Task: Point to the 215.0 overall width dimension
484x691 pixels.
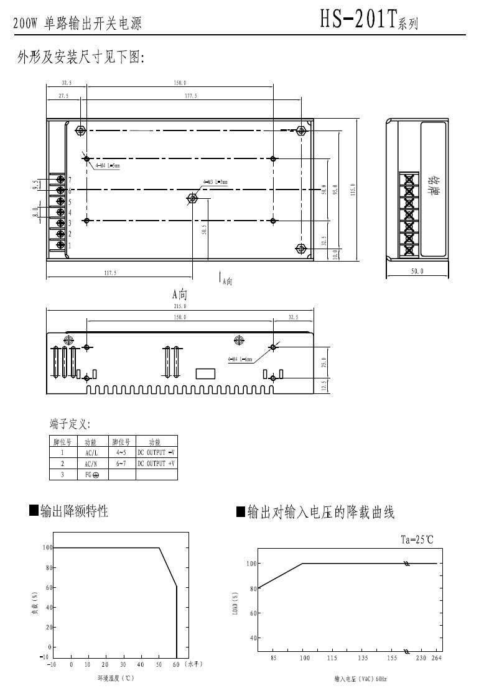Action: coord(180,306)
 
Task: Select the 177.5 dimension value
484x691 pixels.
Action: coord(190,96)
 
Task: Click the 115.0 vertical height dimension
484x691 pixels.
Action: coord(353,189)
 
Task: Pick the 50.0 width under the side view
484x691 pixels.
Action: coord(417,272)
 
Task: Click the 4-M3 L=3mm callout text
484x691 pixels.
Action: coord(215,182)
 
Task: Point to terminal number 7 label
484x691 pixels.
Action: coord(70,179)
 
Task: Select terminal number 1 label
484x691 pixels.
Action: coord(70,245)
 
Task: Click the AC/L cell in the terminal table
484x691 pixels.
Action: coord(91,453)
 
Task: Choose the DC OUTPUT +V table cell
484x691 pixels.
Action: coord(156,464)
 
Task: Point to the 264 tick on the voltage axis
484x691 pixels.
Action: coord(436,657)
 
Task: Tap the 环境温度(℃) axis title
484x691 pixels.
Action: coord(116,679)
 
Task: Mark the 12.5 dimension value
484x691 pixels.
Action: coord(323,386)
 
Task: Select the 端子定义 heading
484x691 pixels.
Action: coord(70,424)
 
